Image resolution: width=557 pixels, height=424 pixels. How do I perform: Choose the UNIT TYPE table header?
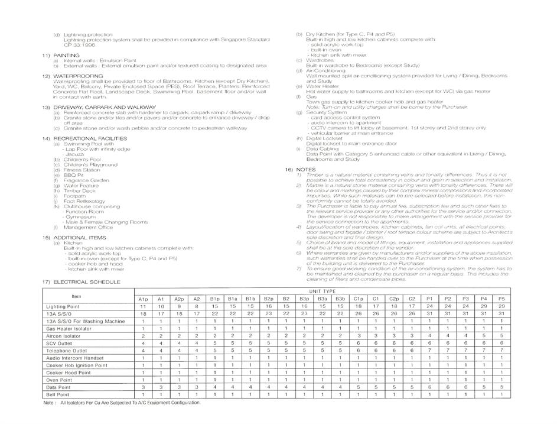(321, 292)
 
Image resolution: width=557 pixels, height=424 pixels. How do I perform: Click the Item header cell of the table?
(76, 296)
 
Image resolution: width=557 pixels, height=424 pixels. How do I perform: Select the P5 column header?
(501, 299)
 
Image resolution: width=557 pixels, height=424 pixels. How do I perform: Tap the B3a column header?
(322, 299)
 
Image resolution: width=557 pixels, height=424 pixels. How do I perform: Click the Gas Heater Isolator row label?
(69, 328)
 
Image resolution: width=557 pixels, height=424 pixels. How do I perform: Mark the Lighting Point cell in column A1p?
(143, 307)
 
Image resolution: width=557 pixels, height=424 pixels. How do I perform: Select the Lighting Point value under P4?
(483, 307)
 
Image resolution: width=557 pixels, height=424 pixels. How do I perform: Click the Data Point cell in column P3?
(465, 387)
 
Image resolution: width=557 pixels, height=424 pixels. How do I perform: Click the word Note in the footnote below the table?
(50, 403)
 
